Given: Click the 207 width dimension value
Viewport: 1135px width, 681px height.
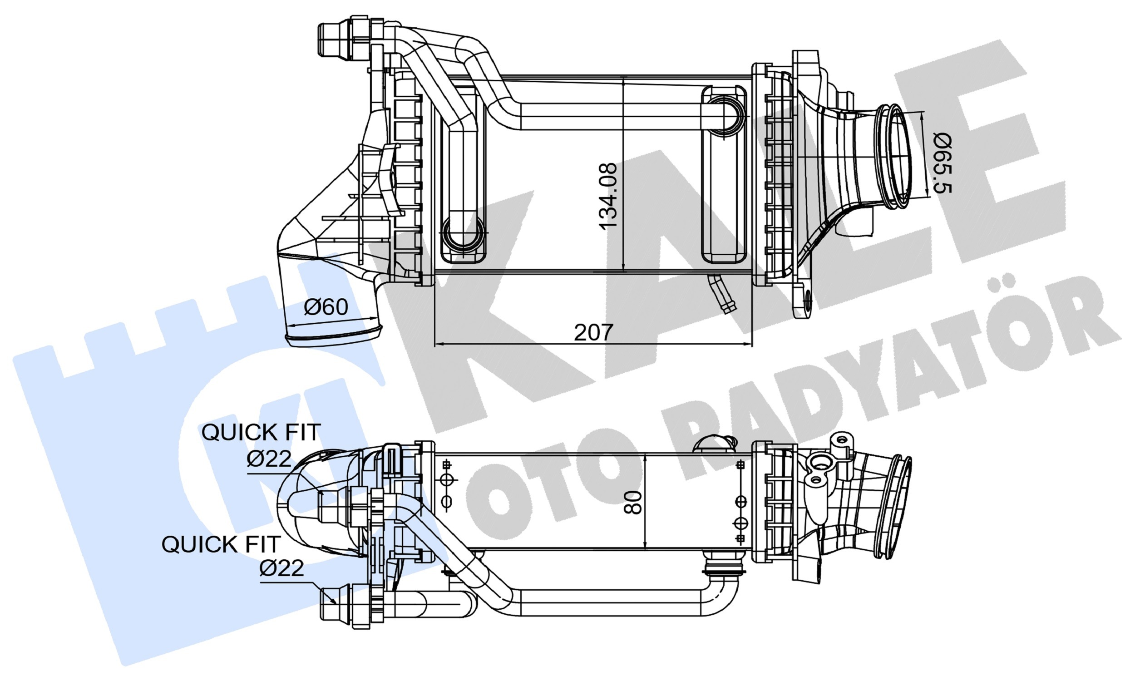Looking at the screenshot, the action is point(593,332).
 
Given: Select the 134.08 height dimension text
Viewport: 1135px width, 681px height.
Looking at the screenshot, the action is point(608,196).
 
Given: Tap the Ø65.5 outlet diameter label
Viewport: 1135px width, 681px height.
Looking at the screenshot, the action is point(942,163).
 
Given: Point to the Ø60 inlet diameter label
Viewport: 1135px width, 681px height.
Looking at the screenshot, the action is point(326,306).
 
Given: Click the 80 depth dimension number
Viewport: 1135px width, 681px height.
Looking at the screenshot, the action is point(633,503).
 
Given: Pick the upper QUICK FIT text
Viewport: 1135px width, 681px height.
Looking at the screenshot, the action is point(261,432).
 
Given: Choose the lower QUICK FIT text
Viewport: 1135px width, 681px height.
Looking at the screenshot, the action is point(221,544).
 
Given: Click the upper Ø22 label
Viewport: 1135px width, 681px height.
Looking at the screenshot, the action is point(269,459).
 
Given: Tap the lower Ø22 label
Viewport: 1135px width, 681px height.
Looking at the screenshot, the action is point(281,568).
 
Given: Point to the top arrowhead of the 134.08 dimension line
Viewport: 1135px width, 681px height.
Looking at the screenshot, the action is point(623,83).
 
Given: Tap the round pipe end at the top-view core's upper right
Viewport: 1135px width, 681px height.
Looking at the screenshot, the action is point(725,115).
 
